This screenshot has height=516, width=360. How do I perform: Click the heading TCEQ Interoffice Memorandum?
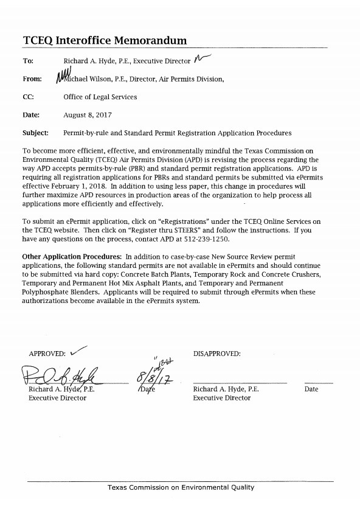tap(104, 40)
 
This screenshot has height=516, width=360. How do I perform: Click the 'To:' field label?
tap(28, 61)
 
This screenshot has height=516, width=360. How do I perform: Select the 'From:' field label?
tap(32, 78)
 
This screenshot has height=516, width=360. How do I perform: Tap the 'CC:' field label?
tap(28, 97)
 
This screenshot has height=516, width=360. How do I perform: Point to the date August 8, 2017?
tap(86, 114)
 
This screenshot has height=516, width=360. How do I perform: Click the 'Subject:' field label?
tap(35, 133)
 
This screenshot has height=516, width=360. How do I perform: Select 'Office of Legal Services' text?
tap(100, 97)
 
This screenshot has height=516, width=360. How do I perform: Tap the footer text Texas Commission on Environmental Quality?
tap(181, 487)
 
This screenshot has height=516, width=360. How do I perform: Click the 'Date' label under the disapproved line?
tap(311, 389)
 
